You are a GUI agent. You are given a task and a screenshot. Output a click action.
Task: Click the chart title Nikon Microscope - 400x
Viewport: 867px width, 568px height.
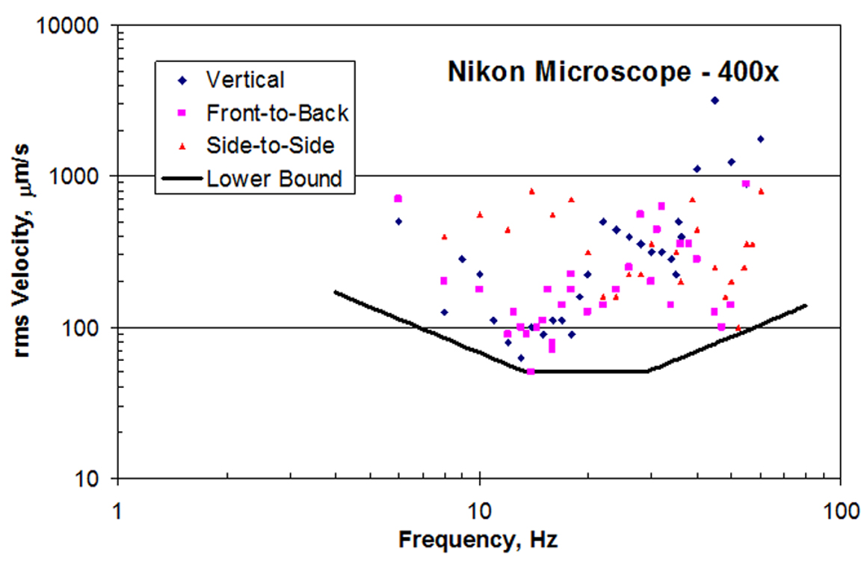pos(614,72)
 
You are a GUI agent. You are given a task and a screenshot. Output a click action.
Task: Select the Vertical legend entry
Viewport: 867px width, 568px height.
pos(245,79)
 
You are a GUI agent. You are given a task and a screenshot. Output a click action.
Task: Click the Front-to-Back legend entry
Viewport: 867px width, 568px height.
pos(277,112)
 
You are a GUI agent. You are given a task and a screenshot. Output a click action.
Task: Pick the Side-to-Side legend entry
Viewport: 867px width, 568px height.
pos(270,145)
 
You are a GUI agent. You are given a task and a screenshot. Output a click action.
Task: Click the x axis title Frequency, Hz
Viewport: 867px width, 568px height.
pos(478,538)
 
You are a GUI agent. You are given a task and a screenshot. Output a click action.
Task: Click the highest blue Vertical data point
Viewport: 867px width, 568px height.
pos(715,100)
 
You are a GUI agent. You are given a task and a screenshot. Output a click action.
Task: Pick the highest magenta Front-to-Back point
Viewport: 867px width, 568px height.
pos(745,184)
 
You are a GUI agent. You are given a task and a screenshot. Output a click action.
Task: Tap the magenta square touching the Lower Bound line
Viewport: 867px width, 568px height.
pos(531,371)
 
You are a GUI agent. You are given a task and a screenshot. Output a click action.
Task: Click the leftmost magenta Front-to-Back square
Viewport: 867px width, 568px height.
pos(398,199)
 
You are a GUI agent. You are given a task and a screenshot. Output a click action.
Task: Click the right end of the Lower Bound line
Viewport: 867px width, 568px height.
pos(806,305)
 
